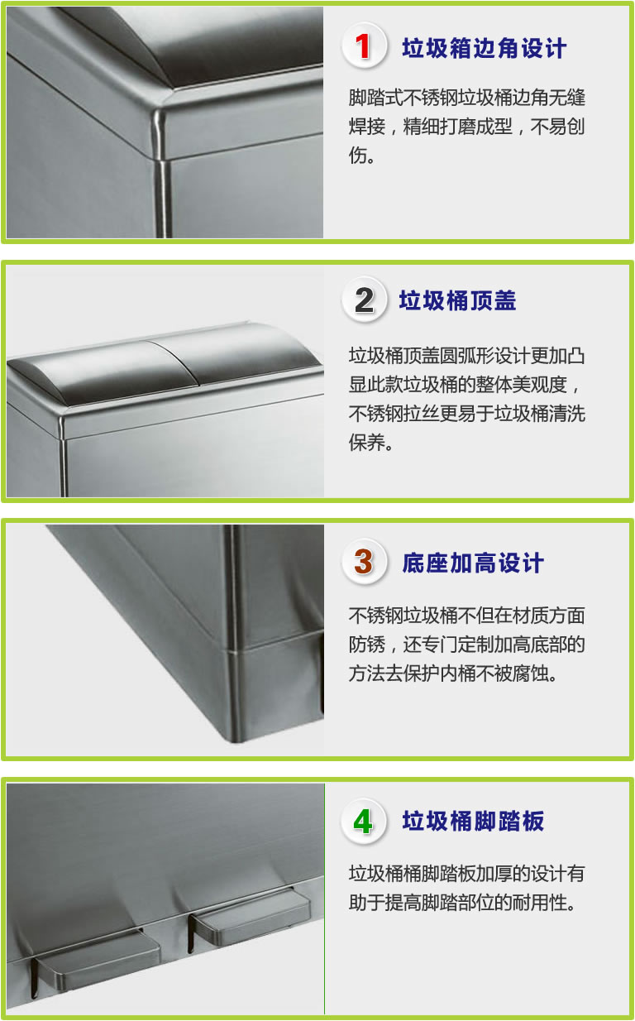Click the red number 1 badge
pyautogui.click(x=364, y=46)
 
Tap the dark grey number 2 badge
pyautogui.click(x=364, y=300)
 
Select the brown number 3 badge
pyautogui.click(x=364, y=562)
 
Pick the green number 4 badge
pyautogui.click(x=364, y=822)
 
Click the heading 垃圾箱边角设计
pyautogui.click(x=485, y=48)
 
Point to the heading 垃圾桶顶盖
pyautogui.click(x=458, y=301)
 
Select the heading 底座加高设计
pyautogui.click(x=473, y=563)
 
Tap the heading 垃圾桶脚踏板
pyautogui.click(x=473, y=822)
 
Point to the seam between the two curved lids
pyautogui.click(x=172, y=359)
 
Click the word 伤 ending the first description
pyautogui.click(x=357, y=156)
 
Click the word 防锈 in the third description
pyautogui.click(x=367, y=645)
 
